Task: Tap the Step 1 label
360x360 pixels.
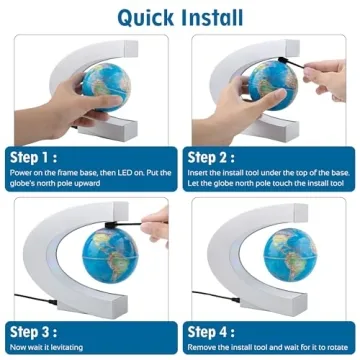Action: tap(34, 157)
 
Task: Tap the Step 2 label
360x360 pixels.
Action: tap(213, 157)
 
